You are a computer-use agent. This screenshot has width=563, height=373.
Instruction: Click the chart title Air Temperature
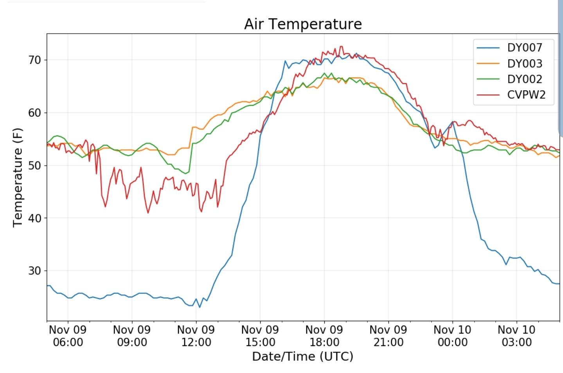(303, 24)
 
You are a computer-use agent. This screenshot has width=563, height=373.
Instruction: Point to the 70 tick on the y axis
(34, 60)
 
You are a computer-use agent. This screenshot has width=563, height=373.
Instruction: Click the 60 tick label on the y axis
(34, 113)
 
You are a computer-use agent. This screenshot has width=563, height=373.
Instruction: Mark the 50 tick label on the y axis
(34, 165)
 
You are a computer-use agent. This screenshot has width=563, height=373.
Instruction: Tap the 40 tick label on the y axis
(34, 218)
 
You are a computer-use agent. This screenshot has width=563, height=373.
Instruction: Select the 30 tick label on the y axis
(34, 271)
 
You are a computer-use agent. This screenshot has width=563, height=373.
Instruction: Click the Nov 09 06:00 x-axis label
(68, 336)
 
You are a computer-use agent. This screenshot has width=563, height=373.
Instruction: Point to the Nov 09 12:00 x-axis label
(196, 336)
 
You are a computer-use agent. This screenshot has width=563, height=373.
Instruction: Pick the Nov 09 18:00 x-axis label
(324, 336)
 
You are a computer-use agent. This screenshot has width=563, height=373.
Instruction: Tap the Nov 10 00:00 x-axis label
(453, 336)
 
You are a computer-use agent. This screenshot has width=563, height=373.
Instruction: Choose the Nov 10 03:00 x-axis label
(516, 336)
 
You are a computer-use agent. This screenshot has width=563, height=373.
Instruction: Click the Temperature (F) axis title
(18, 177)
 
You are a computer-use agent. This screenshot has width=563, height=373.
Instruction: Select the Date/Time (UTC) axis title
(302, 357)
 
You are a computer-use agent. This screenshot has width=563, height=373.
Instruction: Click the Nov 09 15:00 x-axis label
(260, 336)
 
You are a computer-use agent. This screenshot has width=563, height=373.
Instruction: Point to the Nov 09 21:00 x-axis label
(389, 336)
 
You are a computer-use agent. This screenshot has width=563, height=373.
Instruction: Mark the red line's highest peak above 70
(341, 46)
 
